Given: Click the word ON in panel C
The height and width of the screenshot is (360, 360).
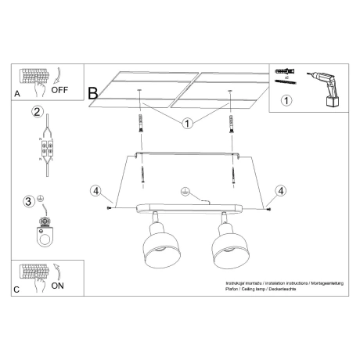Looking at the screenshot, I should pos(58,286).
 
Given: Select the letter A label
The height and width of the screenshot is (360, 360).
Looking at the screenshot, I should pos(17,93).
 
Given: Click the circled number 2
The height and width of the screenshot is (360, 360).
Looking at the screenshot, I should pos(36,111).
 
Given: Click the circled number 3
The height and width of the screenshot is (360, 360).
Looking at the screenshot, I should pos(29,201).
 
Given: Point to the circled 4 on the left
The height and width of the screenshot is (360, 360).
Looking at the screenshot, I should pos(95,191).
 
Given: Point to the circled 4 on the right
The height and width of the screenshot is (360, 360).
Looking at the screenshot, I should pos(280,191).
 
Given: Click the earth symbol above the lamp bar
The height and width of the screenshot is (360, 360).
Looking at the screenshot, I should pos(185,190).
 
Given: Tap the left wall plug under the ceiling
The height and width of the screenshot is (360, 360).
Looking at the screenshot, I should pos(141,123).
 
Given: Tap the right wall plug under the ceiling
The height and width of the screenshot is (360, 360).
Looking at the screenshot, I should pos(232,123).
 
